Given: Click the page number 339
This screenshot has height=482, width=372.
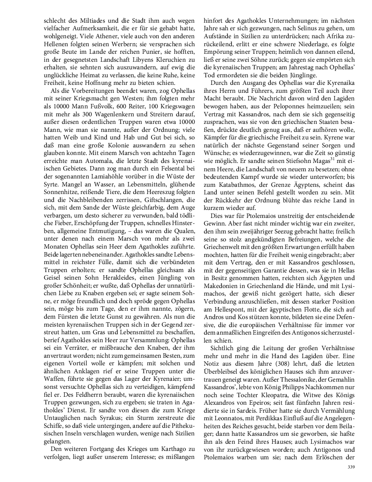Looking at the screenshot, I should click(x=351, y=467).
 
